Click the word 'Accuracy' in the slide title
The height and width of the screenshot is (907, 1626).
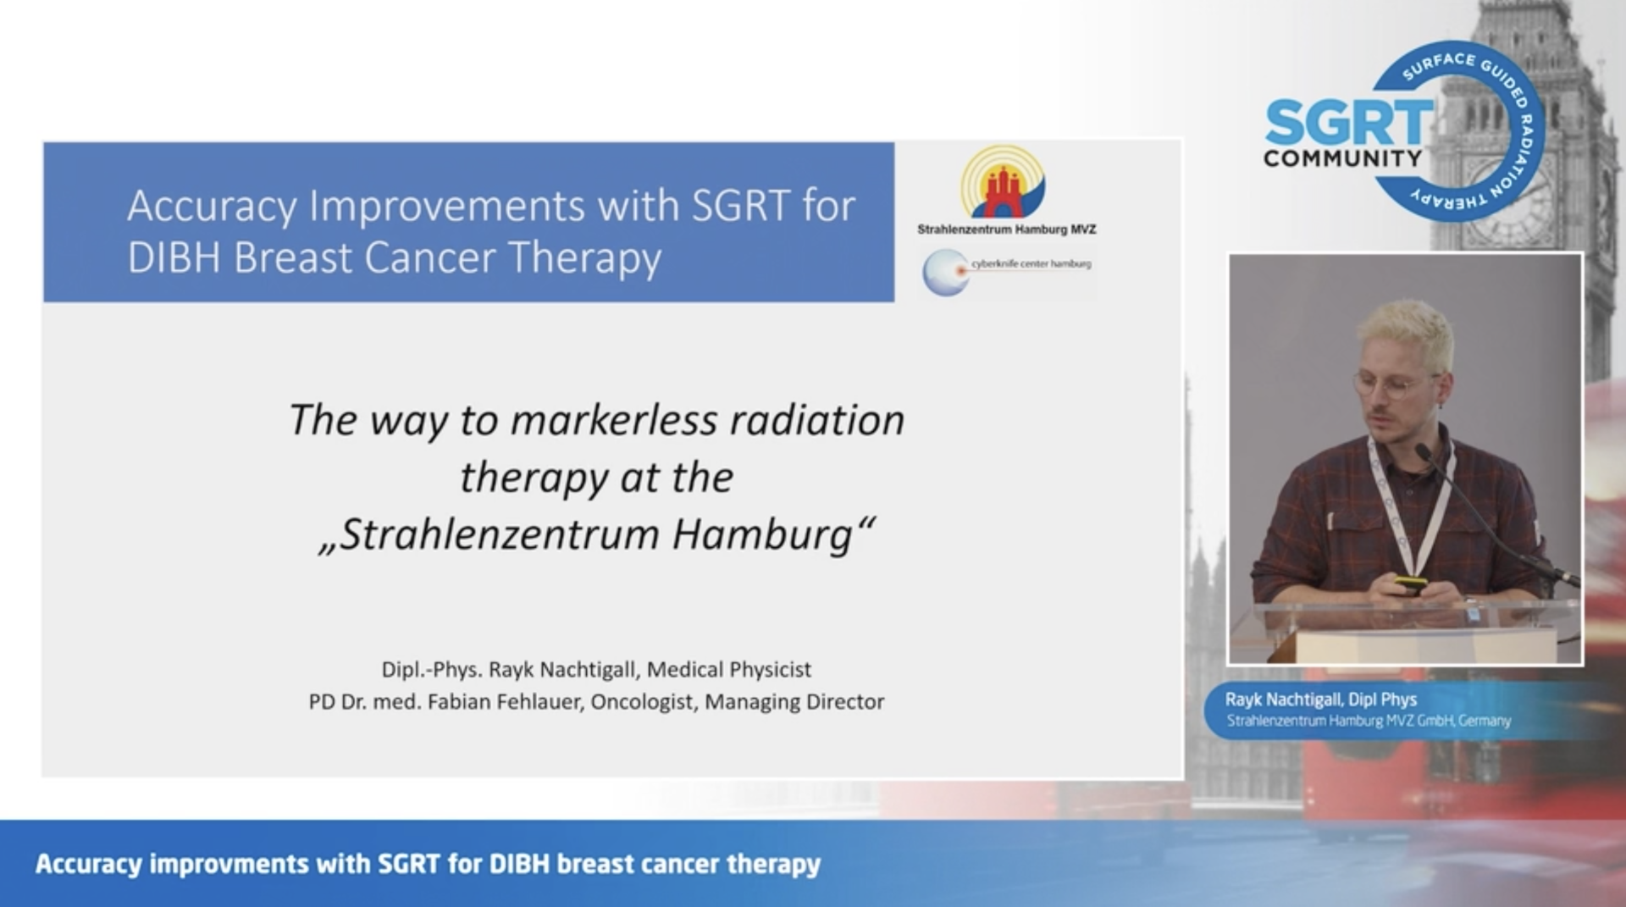point(212,206)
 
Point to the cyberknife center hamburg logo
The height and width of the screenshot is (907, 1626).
point(1007,271)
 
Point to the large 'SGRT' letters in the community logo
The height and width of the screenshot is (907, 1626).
point(1349,123)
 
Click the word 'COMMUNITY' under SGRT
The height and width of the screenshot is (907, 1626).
point(1342,158)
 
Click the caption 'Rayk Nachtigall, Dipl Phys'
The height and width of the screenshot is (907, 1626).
point(1320,700)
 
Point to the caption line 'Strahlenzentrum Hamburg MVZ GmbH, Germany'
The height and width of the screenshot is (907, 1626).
point(1369,721)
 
